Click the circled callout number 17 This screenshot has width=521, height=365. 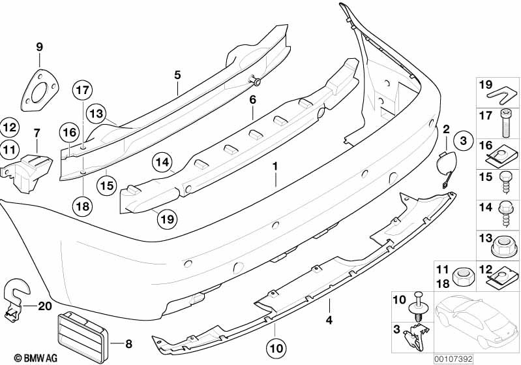(x=83, y=90)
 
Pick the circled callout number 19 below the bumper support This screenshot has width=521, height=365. (x=167, y=219)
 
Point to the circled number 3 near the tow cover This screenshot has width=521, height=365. (x=463, y=141)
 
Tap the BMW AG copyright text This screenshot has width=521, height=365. (x=36, y=358)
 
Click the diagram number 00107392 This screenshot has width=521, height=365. (x=453, y=359)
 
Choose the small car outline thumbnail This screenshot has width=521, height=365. (x=476, y=322)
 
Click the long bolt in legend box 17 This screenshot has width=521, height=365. (x=505, y=123)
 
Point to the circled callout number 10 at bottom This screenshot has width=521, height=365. (x=276, y=349)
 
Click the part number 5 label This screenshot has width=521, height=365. (x=178, y=75)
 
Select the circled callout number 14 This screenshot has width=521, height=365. (x=162, y=163)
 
